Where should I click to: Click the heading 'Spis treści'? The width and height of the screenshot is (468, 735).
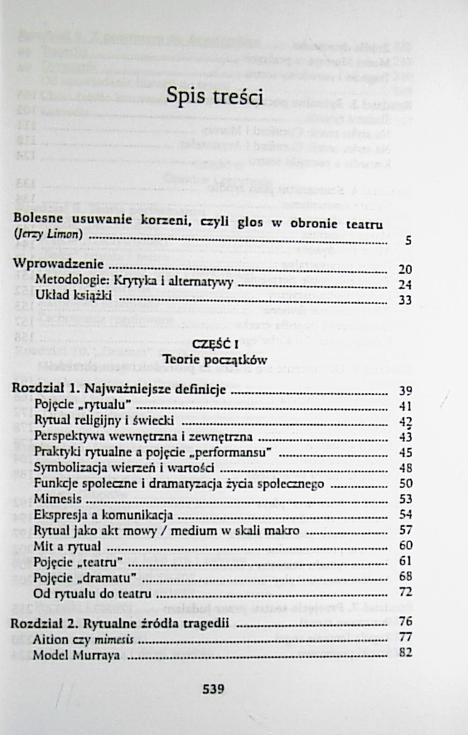point(214,97)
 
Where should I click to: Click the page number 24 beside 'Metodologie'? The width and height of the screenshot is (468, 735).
point(404,285)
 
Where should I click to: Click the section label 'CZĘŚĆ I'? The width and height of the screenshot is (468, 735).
point(211,344)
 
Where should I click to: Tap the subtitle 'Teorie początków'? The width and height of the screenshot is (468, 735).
point(211,358)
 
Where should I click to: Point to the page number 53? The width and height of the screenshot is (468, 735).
point(405,500)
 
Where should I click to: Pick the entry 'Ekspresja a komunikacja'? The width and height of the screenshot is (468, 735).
point(102,515)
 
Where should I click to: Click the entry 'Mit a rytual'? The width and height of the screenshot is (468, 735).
point(68,546)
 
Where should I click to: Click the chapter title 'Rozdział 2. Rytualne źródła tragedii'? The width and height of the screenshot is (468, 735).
point(119,622)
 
